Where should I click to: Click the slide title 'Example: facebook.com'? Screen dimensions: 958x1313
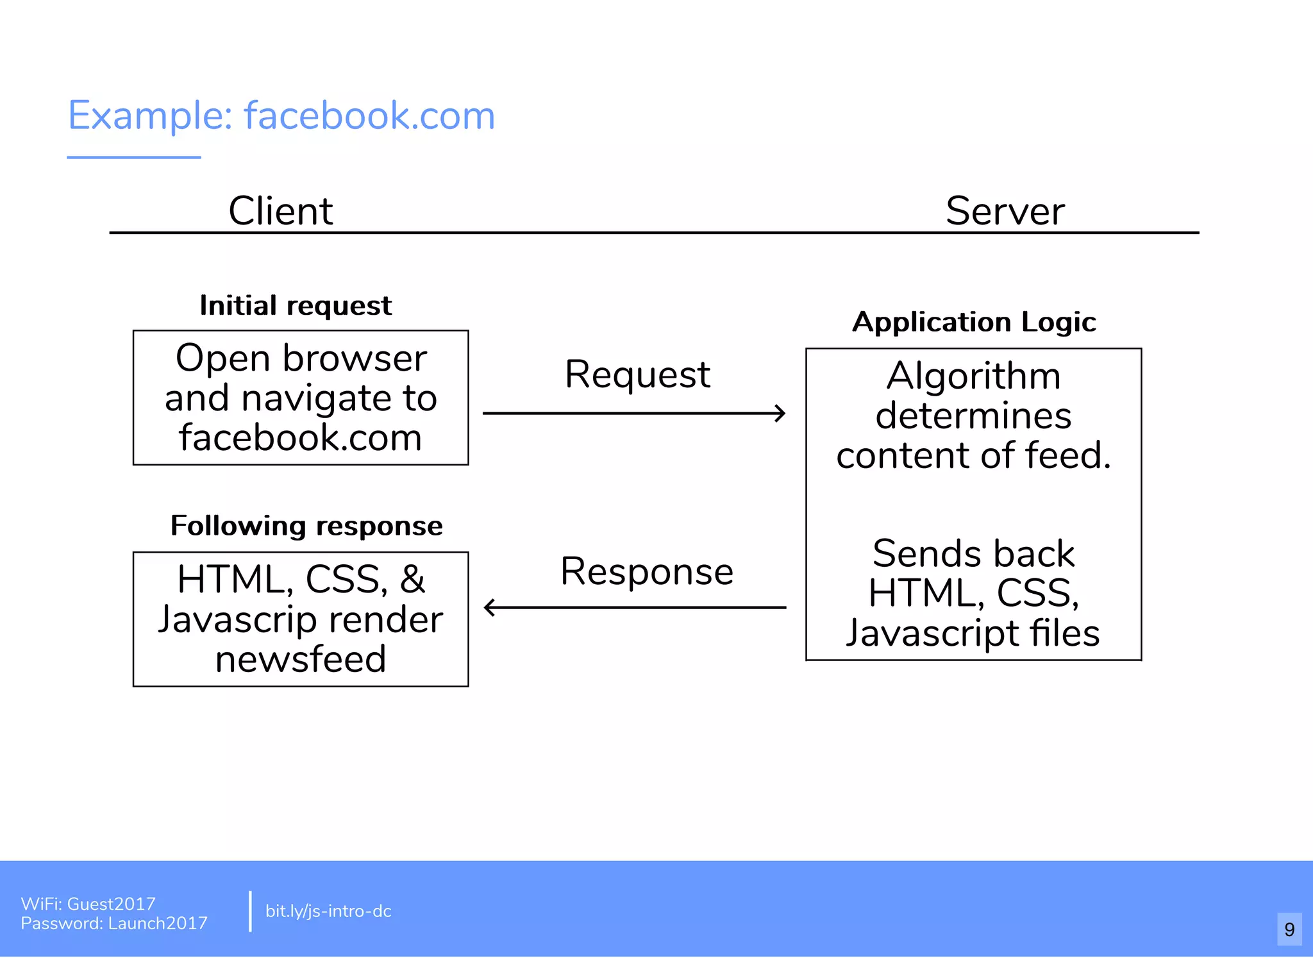[281, 116]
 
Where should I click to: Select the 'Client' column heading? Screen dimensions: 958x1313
[280, 211]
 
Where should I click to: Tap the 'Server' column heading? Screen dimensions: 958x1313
[1005, 211]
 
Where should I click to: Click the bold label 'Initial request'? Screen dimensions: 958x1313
[296, 306]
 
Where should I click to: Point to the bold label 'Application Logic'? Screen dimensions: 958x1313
[974, 322]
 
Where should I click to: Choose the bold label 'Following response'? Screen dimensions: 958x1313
[306, 526]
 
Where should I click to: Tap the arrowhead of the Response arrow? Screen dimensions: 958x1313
[490, 607]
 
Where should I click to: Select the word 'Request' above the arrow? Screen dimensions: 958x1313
[637, 375]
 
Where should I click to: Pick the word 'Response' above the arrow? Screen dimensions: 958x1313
[647, 572]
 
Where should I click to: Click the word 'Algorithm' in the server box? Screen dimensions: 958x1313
[973, 376]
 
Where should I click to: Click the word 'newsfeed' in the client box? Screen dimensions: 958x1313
[301, 659]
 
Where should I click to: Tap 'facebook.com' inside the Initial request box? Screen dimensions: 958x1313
[301, 438]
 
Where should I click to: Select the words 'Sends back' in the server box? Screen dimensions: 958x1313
[973, 553]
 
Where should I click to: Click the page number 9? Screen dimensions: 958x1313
[1289, 929]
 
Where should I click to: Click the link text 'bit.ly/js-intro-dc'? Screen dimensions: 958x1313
[328, 911]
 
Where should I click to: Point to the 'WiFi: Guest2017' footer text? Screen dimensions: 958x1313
[88, 903]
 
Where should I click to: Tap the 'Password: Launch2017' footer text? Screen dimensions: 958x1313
[114, 923]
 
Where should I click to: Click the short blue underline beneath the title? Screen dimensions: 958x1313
[134, 157]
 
